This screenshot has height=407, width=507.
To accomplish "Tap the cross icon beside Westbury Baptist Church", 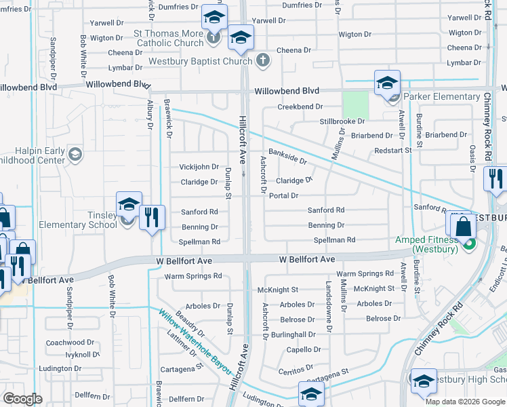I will pos(263,61).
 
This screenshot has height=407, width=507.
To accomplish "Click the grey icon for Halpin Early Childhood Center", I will pos(73,155).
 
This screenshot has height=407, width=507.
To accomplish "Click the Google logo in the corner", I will pos(22,399).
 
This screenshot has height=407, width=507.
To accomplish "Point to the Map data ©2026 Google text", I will pos(465,401).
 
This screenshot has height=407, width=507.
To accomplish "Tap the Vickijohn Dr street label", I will pos(199,167).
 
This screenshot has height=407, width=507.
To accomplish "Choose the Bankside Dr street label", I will pos(287,157).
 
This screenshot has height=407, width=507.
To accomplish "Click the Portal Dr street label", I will pos(284,196).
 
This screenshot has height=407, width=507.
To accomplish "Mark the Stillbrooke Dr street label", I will pos(342,121).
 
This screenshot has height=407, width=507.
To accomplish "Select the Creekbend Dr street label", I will pos(300,107).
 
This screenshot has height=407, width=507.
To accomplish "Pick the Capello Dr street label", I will pos(303,350).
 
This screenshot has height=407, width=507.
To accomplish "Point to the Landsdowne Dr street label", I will pos(329,297).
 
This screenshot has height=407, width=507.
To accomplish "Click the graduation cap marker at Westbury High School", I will pos(424,381).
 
